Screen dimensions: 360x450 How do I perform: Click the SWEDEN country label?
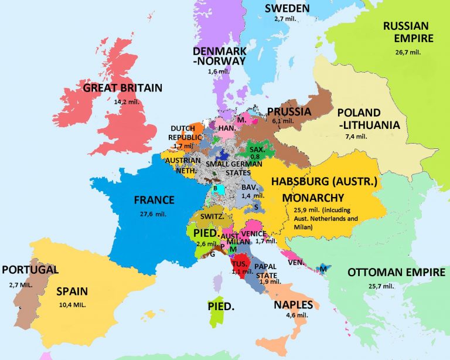(287, 8)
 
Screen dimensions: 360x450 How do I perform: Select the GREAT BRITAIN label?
(122, 88)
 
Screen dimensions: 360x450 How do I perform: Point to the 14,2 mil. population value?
(122, 100)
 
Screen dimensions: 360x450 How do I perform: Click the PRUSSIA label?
(289, 111)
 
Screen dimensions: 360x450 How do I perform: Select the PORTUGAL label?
(30, 270)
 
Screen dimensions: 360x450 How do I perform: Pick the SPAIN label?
(72, 291)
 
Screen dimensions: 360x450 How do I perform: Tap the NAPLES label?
(293, 304)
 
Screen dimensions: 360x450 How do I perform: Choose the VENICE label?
(254, 234)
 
